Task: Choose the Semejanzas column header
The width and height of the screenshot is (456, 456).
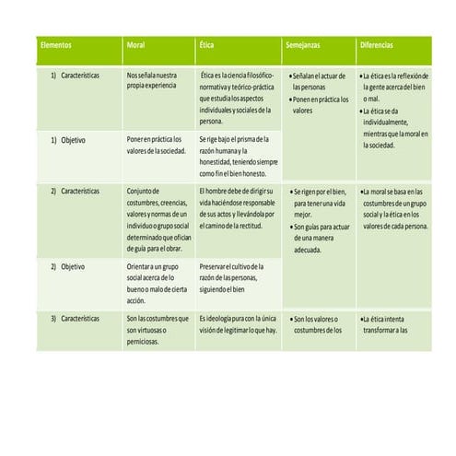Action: tap(304, 45)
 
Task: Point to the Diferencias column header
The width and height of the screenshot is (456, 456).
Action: tap(380, 45)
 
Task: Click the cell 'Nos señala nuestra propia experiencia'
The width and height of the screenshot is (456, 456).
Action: tap(153, 78)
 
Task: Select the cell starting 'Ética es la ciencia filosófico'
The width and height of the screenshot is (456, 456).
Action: tap(236, 97)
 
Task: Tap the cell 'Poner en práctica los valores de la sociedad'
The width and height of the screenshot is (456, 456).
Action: tap(156, 145)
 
